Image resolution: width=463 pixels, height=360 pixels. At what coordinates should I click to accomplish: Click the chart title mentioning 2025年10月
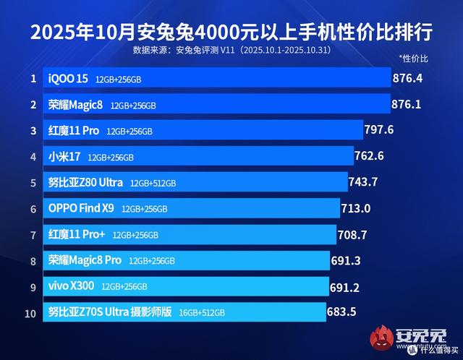tap(231, 32)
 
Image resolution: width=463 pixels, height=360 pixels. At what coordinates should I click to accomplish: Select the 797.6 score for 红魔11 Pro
tap(380, 129)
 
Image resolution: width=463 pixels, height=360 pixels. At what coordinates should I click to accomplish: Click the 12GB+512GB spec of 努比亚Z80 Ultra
tap(153, 183)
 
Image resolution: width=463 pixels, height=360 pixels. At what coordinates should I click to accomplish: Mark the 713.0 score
tap(356, 208)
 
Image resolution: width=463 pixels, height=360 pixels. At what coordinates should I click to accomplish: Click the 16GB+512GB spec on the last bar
tap(202, 313)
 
